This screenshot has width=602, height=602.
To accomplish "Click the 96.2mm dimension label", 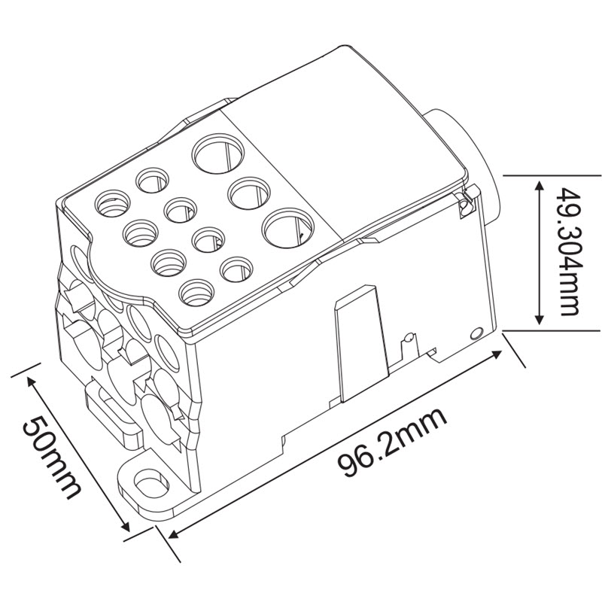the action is pyautogui.click(x=392, y=442).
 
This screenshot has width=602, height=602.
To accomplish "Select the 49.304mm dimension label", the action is pyautogui.click(x=569, y=251).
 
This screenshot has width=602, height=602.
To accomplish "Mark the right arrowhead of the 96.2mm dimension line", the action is pyautogui.click(x=497, y=354).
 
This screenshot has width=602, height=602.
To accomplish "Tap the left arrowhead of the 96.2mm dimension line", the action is pyautogui.click(x=175, y=534).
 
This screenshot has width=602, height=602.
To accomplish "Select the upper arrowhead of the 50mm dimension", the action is pyautogui.click(x=32, y=382).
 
